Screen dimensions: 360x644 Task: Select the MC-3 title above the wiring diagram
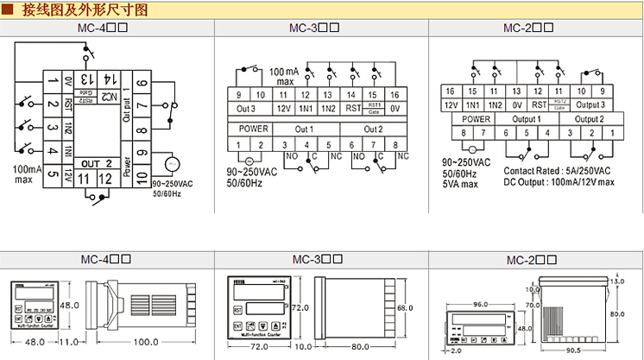coord(317,28)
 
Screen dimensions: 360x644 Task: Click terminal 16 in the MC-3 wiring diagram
coord(394,94)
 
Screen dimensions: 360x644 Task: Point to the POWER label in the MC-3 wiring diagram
coord(250,129)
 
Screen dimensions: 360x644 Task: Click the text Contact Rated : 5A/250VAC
coord(557,171)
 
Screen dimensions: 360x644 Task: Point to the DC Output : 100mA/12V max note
coord(559,182)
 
